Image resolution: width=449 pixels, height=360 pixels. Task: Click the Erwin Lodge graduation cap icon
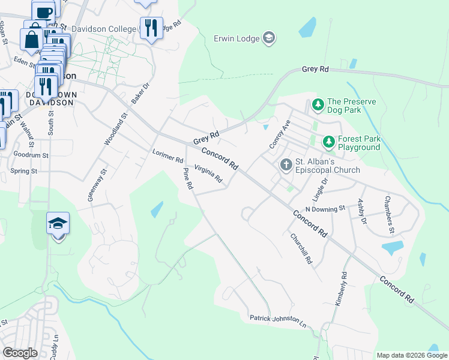pos(268,38)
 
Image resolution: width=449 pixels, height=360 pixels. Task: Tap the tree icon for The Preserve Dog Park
pos(318,106)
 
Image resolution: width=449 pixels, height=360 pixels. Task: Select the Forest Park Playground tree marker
pos(328,142)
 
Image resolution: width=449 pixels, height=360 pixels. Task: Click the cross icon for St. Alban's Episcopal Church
pos(286,164)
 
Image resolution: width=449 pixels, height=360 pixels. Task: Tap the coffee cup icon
pos(43,11)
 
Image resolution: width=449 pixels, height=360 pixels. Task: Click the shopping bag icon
pos(31,40)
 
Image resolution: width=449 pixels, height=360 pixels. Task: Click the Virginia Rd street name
pos(208,174)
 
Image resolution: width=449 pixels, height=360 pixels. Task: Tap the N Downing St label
pos(325,208)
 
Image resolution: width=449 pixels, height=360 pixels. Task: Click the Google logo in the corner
pos(20,353)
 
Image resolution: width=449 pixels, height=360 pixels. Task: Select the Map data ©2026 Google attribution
pos(411,355)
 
